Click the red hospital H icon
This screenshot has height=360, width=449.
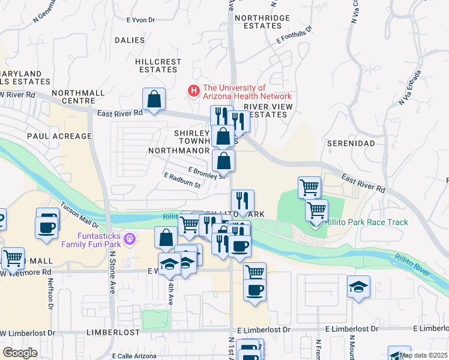tap(193, 91)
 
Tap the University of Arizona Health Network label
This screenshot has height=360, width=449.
tap(246, 92)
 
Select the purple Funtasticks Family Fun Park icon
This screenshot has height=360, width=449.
tap(128, 239)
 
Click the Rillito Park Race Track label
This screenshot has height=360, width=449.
tap(366, 222)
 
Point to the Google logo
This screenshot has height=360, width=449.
tap(20, 353)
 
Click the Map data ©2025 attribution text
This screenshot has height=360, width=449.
tap(424, 355)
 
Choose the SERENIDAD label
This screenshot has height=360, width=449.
tap(351, 144)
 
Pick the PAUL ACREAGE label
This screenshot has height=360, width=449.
tap(59, 136)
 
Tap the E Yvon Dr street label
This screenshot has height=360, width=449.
tap(140, 19)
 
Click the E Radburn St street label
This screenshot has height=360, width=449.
tap(182, 180)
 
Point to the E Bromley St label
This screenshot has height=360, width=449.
tap(206, 173)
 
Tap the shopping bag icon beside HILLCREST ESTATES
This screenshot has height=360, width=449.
tap(154, 99)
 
